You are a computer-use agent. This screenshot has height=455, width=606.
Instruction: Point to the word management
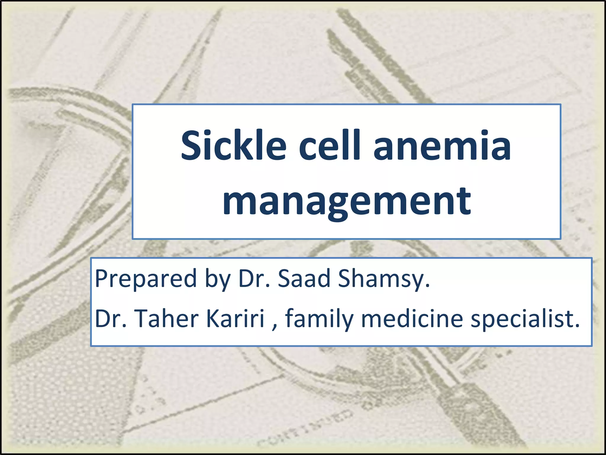(x=346, y=201)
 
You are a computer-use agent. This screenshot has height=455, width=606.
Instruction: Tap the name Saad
(x=304, y=278)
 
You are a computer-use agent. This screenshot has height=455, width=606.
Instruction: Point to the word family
(x=319, y=319)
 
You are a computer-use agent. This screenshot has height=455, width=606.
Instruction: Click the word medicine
(x=412, y=319)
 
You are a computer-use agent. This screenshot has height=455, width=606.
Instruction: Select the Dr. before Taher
(x=110, y=319)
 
